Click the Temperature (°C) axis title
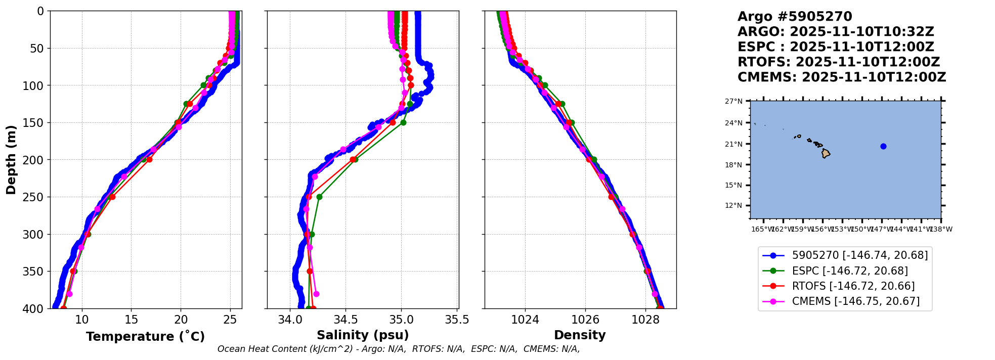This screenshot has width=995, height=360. (145, 337)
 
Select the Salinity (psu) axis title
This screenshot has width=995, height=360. (363, 335)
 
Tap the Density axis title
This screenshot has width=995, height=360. (580, 335)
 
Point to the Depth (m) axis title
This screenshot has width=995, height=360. (11, 159)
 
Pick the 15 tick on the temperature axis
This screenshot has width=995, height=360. (131, 320)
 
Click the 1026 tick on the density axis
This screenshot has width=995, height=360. (585, 320)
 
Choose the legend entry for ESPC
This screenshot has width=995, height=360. (849, 271)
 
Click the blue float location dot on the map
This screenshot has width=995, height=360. (883, 147)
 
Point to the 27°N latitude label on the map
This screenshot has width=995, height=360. (733, 102)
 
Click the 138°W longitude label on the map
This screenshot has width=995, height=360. (941, 230)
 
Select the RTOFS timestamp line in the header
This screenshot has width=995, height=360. (838, 62)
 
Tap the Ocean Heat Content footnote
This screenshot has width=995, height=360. (399, 349)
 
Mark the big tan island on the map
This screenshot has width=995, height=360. (826, 153)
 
